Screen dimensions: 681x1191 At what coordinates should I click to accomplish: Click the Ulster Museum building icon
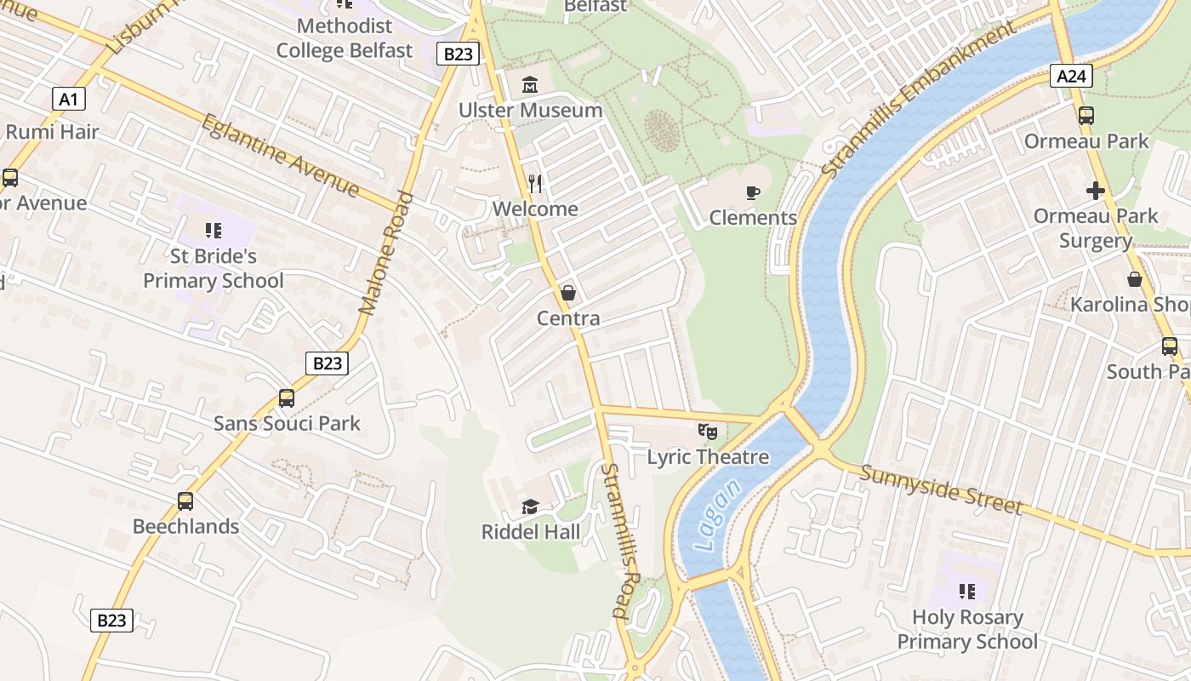[x=530, y=84]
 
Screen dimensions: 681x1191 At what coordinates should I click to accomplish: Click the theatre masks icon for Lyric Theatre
[x=707, y=432]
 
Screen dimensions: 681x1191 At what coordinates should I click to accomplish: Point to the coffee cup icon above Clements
[x=753, y=192]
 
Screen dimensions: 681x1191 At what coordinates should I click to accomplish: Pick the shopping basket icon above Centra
[x=568, y=293]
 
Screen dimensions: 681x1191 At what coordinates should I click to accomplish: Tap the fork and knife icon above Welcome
[x=535, y=183]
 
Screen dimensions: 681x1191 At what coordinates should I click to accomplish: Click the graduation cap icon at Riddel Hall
[x=530, y=507]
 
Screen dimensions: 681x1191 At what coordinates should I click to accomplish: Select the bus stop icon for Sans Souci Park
[x=287, y=398]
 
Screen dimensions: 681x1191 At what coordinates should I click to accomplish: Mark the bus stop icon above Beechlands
[x=185, y=501]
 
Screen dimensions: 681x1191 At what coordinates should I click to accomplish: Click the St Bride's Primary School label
[x=213, y=268]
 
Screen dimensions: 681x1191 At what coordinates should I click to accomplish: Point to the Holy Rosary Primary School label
[x=967, y=629]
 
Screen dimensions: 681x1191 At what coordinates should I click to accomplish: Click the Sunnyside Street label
[x=940, y=489]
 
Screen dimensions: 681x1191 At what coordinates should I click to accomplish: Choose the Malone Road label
[x=385, y=253]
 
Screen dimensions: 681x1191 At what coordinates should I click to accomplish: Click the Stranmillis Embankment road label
[x=918, y=100]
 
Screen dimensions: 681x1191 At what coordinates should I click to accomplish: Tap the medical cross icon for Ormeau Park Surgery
[x=1095, y=191]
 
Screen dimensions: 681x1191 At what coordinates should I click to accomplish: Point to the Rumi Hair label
[x=53, y=132]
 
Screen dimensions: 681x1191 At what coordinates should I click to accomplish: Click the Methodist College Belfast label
[x=345, y=38]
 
